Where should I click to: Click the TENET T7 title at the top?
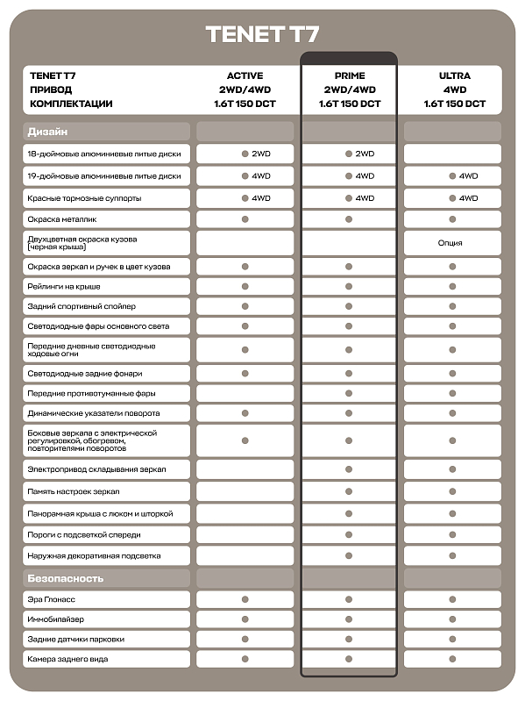[262, 34]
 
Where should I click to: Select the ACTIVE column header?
[245, 75]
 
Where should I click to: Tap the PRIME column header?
[349, 75]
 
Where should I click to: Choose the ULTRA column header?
[453, 75]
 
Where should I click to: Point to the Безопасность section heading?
[66, 578]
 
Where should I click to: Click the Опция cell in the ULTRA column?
[452, 242]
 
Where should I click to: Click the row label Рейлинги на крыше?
[64, 287]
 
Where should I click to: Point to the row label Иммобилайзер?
[55, 619]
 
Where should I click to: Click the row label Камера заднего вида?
[68, 659]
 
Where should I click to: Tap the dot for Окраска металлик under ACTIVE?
[245, 218]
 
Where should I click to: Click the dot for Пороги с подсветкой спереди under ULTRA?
[453, 534]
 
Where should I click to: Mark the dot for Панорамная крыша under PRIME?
[349, 513]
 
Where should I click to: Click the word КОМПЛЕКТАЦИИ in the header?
[71, 104]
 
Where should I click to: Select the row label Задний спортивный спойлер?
[81, 306]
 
